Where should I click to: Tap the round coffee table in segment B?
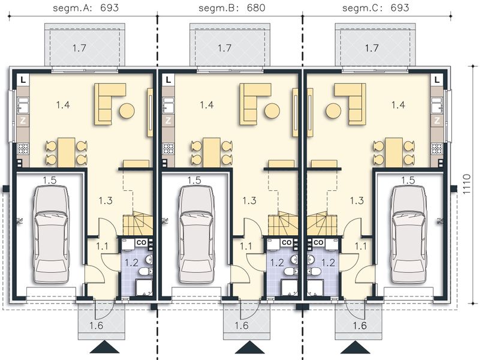[272, 111]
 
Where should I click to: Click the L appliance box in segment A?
[22, 79]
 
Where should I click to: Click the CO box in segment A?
[140, 242]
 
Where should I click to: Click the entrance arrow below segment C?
[352, 348]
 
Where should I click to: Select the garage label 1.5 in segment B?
[194, 179]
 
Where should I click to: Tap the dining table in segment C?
[393, 151]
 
